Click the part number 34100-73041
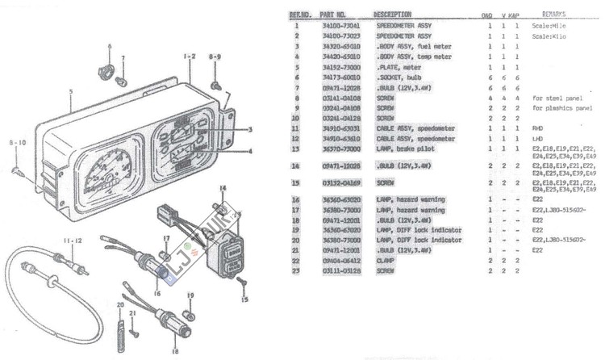click(x=337, y=26)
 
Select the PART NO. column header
click(x=333, y=15)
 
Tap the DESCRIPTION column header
click(x=393, y=15)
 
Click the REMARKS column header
click(x=553, y=15)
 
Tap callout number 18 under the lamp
click(x=175, y=351)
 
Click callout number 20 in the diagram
click(x=119, y=306)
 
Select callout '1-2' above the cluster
click(x=189, y=57)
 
